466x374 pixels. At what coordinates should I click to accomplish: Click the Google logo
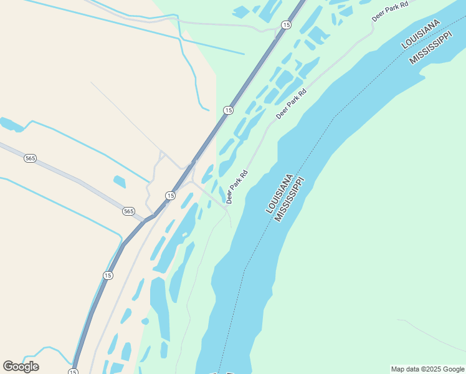click(21, 367)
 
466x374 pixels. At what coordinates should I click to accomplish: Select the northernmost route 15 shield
click(286, 24)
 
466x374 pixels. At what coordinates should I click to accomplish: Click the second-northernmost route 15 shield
click(228, 110)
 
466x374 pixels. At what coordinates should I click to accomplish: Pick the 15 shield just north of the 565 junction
click(170, 196)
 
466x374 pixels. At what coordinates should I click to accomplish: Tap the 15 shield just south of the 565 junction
click(108, 275)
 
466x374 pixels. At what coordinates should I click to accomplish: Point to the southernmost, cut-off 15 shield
click(74, 372)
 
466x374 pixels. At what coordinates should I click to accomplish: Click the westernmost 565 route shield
click(30, 158)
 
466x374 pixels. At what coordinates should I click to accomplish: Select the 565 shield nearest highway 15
click(128, 211)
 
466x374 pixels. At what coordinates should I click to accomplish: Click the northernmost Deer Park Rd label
click(390, 12)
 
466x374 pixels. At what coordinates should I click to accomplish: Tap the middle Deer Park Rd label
click(292, 104)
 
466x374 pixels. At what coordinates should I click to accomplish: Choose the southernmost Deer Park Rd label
click(237, 186)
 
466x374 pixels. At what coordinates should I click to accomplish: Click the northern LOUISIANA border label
click(421, 34)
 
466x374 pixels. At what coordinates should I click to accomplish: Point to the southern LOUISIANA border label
click(280, 193)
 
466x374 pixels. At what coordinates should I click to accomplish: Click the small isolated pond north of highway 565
click(119, 182)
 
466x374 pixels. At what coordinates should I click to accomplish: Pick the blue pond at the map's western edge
click(11, 124)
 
